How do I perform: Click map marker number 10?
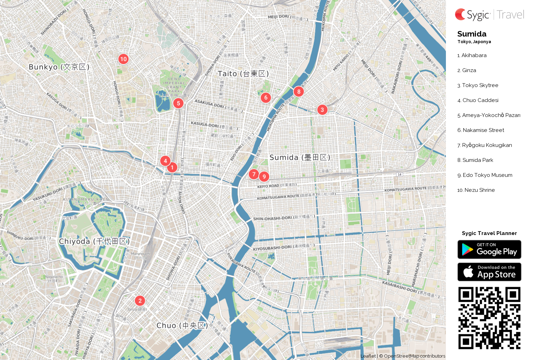[x=123, y=59]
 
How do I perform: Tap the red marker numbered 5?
[x=178, y=103]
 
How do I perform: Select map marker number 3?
[x=322, y=110]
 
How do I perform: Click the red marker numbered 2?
[x=140, y=300]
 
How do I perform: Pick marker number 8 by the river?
[x=299, y=92]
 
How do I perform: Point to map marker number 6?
[x=266, y=97]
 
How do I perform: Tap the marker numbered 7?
[x=254, y=174]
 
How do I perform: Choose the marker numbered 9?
[x=264, y=177]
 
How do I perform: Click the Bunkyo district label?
[x=59, y=67]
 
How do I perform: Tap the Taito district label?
[x=243, y=73]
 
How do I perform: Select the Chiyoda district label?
[x=94, y=241]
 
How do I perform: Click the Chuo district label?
[x=182, y=326]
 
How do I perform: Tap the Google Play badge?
[x=489, y=250]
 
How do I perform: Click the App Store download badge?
[x=489, y=272]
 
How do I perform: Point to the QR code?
[x=489, y=318]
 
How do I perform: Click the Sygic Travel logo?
[x=489, y=15]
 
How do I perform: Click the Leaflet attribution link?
[x=368, y=356]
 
